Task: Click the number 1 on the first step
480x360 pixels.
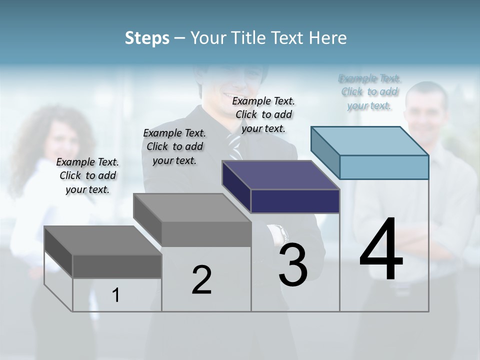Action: (116, 295)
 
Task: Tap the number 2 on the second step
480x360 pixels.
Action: (201, 279)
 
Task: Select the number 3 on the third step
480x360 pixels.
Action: (293, 264)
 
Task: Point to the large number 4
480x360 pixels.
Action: (381, 249)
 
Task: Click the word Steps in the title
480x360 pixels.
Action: (147, 38)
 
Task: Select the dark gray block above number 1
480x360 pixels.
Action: (117, 265)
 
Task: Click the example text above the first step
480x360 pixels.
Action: (87, 175)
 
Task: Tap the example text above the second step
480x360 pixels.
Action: (174, 146)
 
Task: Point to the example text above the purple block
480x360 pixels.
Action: (263, 114)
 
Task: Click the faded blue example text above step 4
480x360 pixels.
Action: (369, 91)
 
